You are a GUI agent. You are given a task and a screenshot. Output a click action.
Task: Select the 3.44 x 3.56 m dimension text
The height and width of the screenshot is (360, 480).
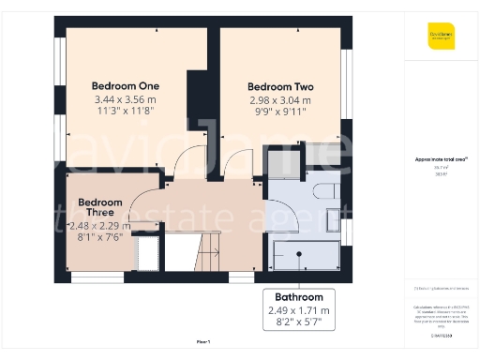tap(125, 99)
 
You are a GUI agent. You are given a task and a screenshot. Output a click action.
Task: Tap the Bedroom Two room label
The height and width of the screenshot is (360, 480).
tap(280, 87)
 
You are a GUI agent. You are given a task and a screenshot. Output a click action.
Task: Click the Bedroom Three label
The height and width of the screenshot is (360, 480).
tap(100, 207)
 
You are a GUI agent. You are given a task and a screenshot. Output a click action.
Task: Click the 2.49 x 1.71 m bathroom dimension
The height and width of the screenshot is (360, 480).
tap(299, 310)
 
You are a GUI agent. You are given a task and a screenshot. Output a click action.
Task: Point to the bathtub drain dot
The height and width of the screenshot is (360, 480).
tap(297, 253)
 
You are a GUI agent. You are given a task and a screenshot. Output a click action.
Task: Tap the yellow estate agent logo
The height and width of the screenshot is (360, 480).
tap(441, 37)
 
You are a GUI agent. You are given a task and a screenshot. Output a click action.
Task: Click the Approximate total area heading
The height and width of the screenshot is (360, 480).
tap(441, 159)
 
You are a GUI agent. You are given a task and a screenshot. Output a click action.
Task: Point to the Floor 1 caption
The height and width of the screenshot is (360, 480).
tap(203, 341)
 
